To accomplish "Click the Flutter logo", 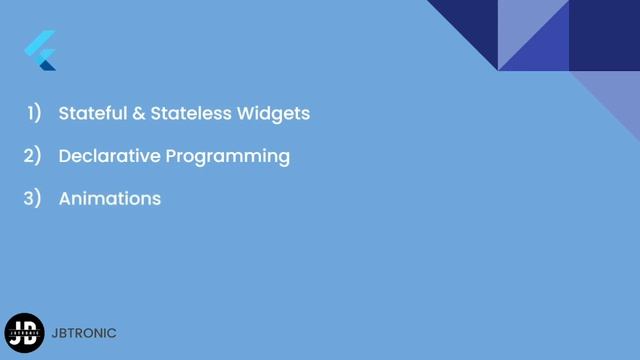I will pos(40,51).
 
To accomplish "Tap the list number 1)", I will pos(33,113).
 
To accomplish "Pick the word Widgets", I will pos(273,113).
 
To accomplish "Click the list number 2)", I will pos(33,156).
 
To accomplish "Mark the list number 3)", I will pos(33,198).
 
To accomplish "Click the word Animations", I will pos(110,198).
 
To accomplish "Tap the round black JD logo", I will pos(24,333).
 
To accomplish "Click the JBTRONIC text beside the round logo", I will pos(84,333).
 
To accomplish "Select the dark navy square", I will pos(604,35).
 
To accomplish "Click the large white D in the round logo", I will pos(29,331).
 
